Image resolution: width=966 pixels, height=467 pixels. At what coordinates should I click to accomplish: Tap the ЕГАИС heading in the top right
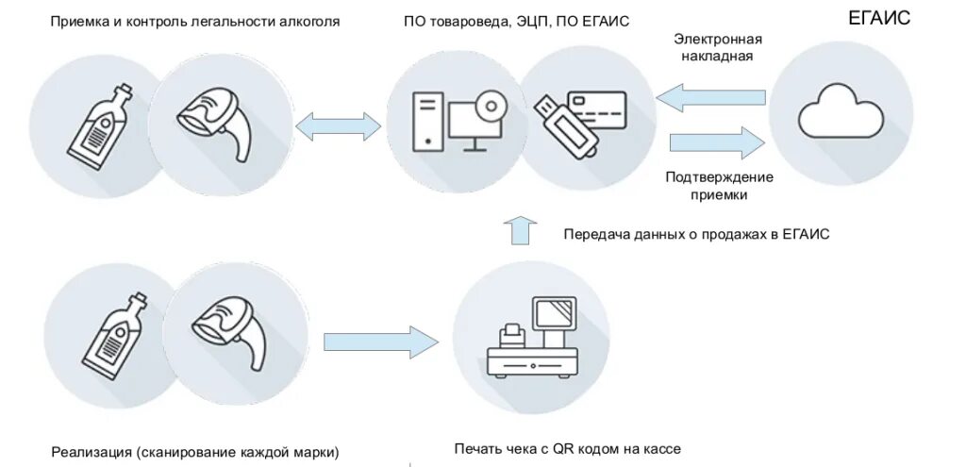878,17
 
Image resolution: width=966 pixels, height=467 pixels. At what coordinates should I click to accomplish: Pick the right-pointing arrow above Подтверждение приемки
716,143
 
